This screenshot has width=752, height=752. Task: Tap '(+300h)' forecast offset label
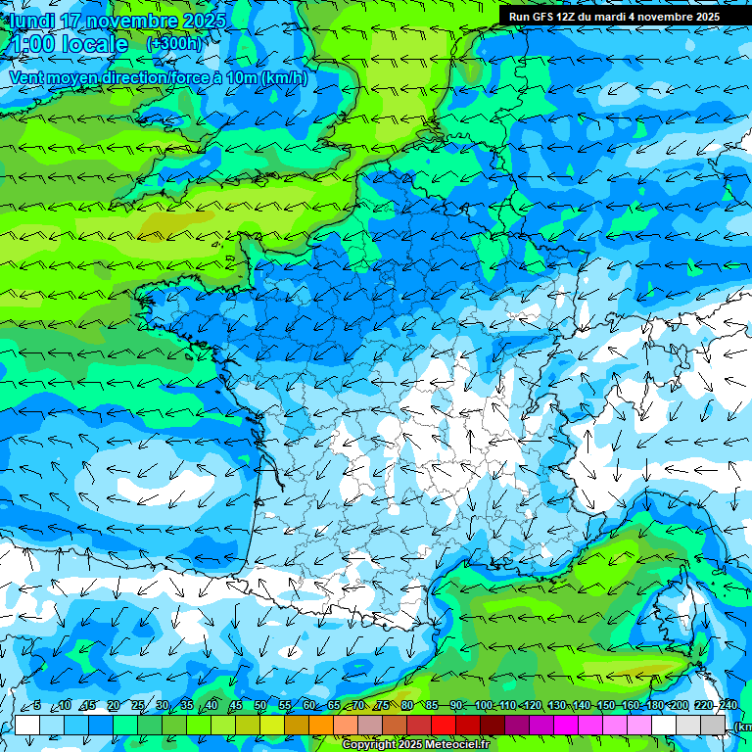(x=174, y=43)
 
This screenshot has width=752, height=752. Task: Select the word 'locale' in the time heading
(x=94, y=44)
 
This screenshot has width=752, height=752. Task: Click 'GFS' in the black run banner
(x=545, y=17)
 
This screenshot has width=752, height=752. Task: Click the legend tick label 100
(x=484, y=705)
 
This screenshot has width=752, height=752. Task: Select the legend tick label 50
(x=260, y=705)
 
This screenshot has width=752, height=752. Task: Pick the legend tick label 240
(x=728, y=705)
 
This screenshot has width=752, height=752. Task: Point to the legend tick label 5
(x=37, y=705)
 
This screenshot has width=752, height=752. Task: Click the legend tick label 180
(x=654, y=705)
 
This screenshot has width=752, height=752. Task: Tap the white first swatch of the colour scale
(x=27, y=725)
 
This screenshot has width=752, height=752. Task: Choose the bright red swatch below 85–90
(x=445, y=725)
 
